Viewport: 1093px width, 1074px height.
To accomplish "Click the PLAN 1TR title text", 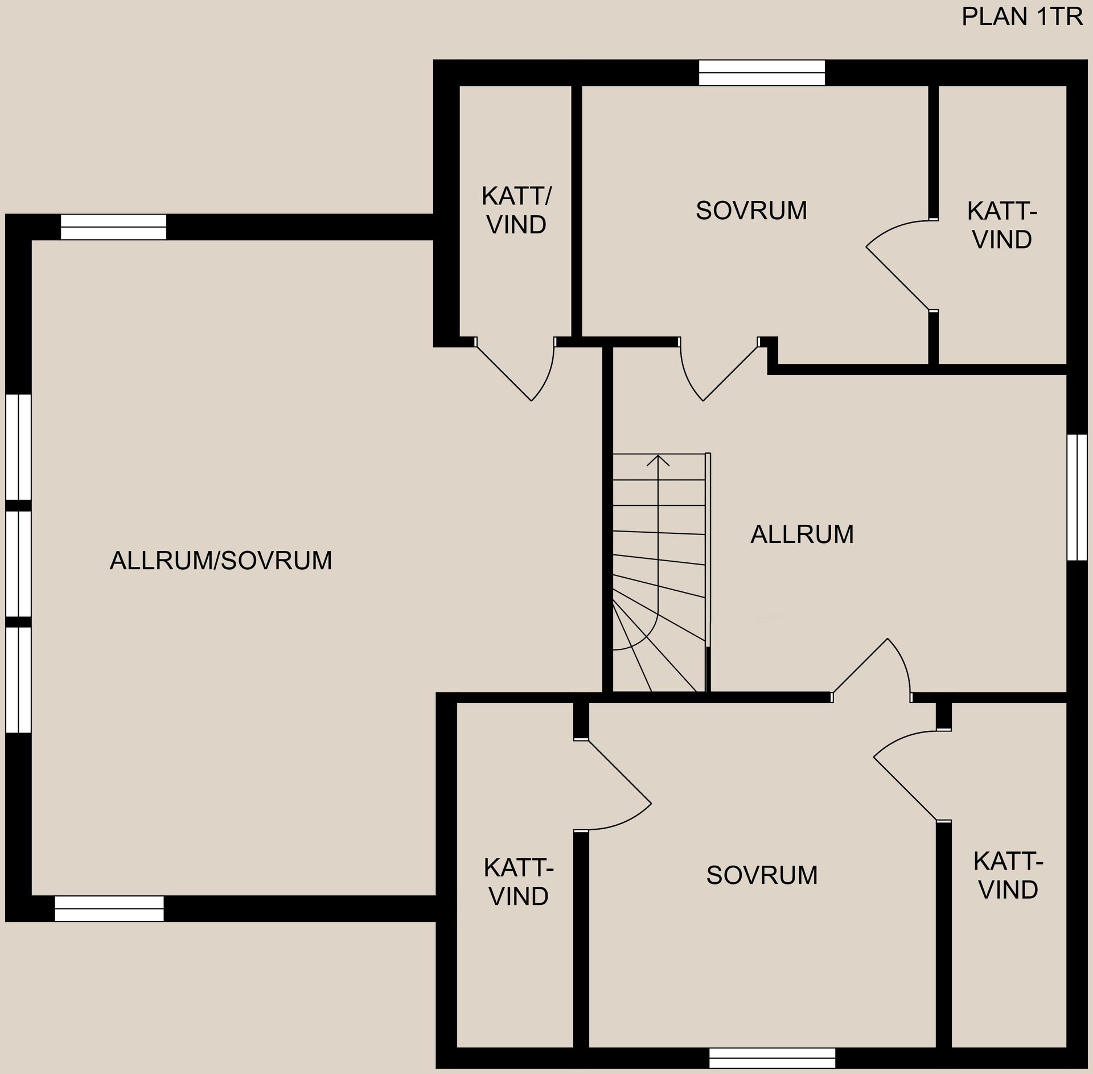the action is (1022, 17).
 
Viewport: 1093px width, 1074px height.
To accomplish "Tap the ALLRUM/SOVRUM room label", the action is (221, 561).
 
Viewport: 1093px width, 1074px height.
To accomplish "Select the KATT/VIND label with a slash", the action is (516, 211).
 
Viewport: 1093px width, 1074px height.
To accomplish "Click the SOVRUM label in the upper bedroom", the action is (751, 211).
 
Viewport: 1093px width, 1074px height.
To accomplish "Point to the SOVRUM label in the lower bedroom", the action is (762, 875).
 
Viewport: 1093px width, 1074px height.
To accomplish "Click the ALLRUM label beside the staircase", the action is (802, 534).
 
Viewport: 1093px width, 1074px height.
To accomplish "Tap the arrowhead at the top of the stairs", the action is (658, 460).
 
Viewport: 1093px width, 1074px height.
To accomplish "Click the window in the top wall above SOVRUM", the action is (762, 73).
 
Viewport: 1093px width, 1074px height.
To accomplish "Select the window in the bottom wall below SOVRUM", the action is (772, 1058).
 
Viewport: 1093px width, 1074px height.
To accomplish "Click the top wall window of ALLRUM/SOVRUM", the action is (113, 227).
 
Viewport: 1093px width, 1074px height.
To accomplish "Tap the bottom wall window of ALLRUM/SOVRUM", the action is (109, 908).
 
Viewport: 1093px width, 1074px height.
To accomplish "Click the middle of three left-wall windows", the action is (18, 564).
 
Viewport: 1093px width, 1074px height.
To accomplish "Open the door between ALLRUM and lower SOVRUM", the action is (872, 670).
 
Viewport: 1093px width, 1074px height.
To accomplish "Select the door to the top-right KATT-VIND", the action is (902, 265).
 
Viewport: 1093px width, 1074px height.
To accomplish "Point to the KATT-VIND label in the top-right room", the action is (1002, 225).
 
